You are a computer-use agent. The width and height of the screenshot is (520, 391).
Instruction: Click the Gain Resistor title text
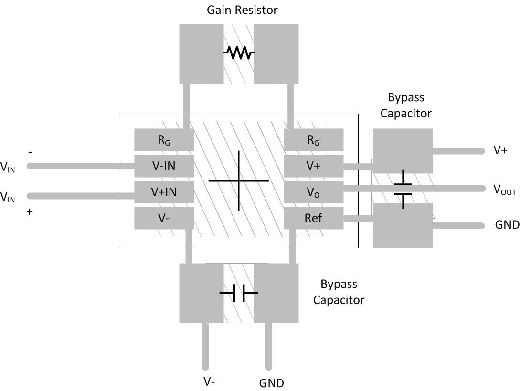click(242, 10)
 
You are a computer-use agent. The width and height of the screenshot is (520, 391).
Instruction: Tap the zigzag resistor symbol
click(238, 53)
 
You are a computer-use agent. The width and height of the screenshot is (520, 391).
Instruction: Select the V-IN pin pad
click(164, 166)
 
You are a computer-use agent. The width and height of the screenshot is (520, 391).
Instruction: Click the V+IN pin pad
click(164, 192)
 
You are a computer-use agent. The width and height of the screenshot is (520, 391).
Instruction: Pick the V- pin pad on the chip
click(164, 218)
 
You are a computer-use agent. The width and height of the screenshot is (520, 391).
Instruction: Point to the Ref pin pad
click(313, 218)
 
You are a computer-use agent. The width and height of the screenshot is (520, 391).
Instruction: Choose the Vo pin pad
click(313, 192)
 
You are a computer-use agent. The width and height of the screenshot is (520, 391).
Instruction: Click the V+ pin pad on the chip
click(313, 166)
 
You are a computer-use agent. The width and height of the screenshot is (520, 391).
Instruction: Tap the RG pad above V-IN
click(164, 140)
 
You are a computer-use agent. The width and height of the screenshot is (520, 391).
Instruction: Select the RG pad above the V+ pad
click(313, 140)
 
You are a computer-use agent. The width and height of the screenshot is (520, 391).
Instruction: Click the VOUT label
click(504, 190)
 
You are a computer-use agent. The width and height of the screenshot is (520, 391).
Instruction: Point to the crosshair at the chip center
click(239, 181)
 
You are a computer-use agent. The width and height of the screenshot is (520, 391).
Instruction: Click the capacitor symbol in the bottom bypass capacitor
click(238, 293)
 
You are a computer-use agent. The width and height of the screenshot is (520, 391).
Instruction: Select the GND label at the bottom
click(271, 383)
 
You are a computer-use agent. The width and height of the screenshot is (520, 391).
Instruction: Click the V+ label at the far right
click(500, 150)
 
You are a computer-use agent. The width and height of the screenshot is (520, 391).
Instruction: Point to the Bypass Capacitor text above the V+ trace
click(409, 106)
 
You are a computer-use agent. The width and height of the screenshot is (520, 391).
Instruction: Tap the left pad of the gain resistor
click(201, 53)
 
